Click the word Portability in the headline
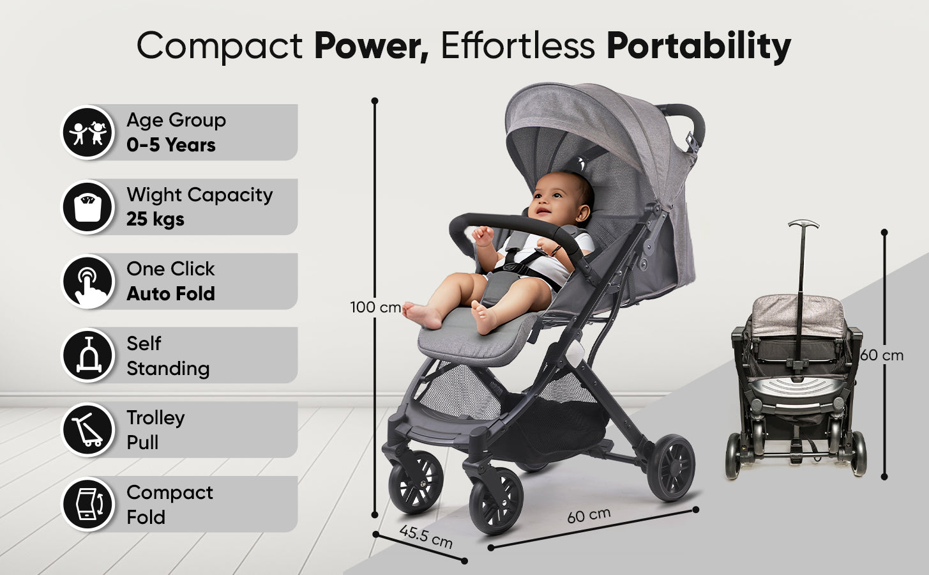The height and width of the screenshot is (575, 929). (x=699, y=47)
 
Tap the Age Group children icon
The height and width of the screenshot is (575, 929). (x=87, y=132)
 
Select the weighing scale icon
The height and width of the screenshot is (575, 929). (x=87, y=206)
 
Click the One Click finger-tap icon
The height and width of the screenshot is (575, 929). (x=87, y=281)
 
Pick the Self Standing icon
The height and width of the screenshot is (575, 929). (x=87, y=355)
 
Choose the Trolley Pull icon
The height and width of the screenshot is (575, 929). (x=87, y=429)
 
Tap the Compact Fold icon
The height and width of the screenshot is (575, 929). (x=87, y=503)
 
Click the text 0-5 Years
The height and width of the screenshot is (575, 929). (x=171, y=145)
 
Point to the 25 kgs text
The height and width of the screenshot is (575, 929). (x=155, y=219)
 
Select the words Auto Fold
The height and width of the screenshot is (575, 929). (x=171, y=293)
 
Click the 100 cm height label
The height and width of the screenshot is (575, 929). (x=375, y=307)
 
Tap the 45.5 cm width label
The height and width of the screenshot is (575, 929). (x=426, y=536)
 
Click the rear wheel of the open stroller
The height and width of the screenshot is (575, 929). (x=670, y=467)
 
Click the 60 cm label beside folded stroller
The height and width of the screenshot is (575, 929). (x=882, y=355)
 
